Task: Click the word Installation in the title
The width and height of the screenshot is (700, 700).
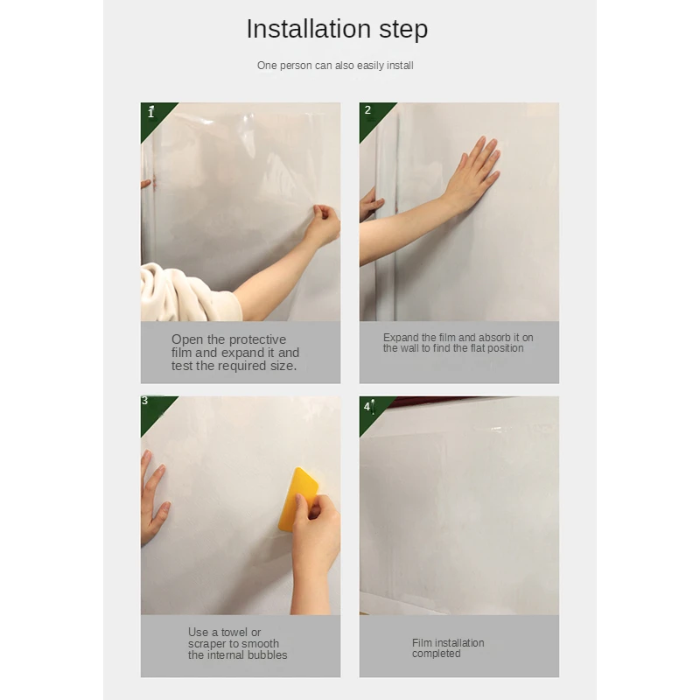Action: click(309, 29)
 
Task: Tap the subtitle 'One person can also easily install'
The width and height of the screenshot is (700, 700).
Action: click(335, 66)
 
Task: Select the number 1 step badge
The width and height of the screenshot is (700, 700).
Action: click(150, 113)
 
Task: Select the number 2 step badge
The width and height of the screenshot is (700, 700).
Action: click(367, 110)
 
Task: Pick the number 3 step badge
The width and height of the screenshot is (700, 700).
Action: click(144, 401)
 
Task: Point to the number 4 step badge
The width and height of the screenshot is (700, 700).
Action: click(367, 407)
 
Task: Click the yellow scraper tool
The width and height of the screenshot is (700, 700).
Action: click(297, 499)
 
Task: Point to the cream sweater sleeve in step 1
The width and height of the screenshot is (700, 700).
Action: click(187, 292)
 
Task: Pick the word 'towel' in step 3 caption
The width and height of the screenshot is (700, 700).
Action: click(234, 632)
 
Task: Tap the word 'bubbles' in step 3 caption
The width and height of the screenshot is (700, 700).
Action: click(268, 654)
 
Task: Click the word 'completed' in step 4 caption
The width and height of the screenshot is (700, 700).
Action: click(436, 654)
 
